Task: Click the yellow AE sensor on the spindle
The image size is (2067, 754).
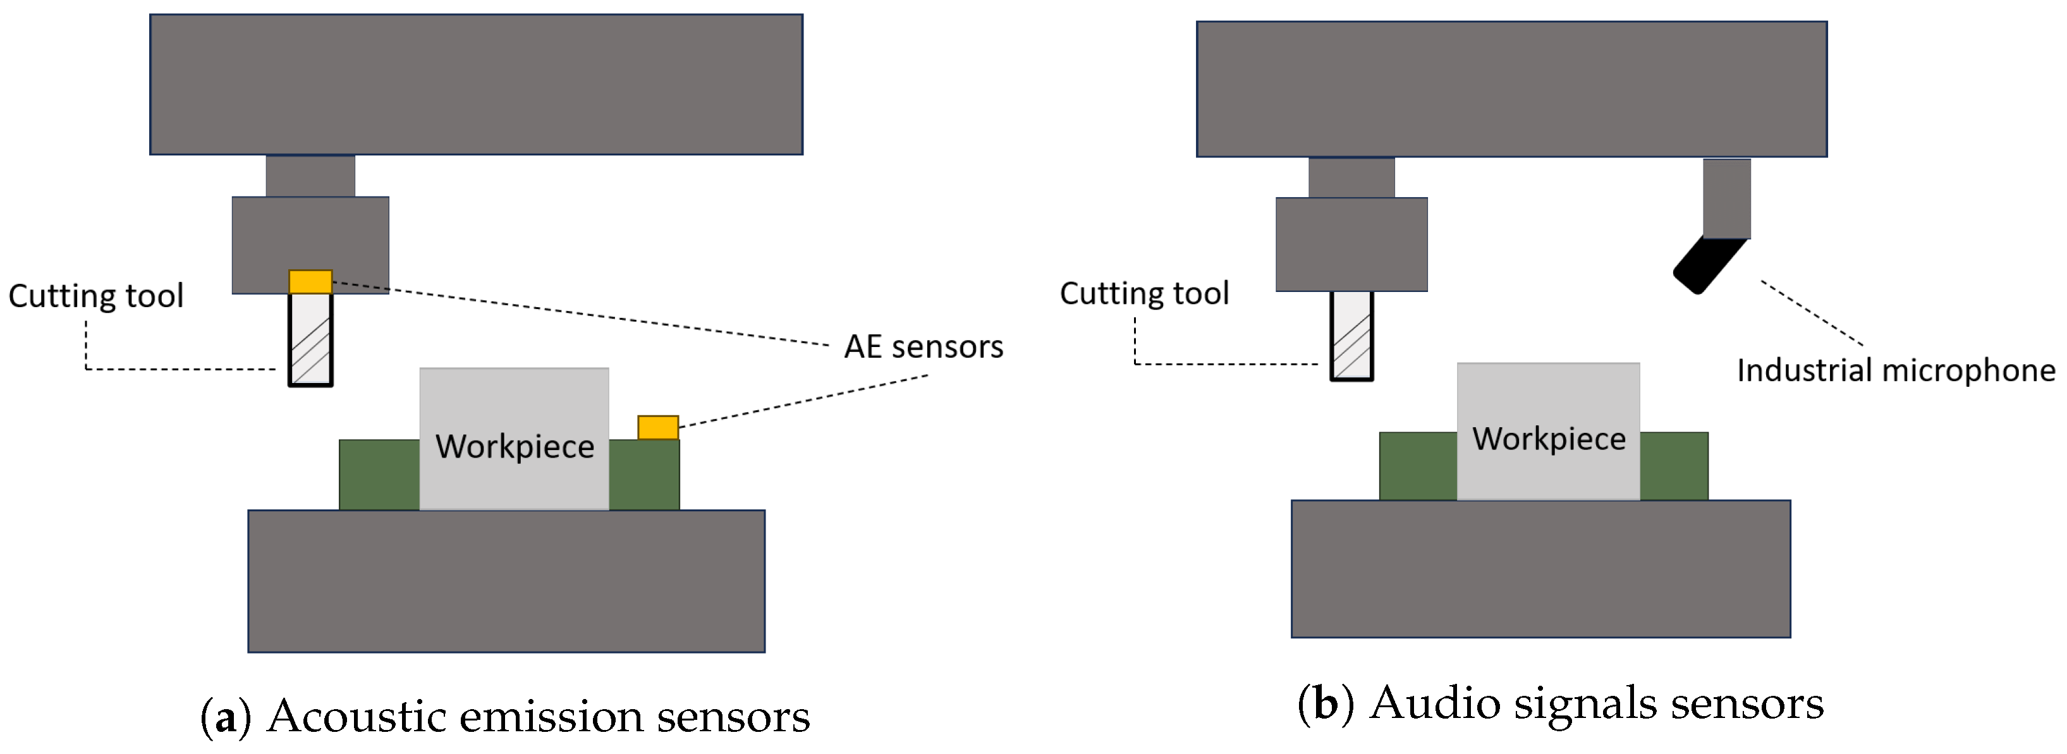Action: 310,281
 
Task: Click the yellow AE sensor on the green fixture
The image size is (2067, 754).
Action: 658,427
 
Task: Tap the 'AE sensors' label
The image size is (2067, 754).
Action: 923,346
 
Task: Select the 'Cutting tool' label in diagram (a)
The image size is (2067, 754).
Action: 95,296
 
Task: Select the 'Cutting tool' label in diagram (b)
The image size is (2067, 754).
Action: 1144,294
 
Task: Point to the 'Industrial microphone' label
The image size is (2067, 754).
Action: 1895,370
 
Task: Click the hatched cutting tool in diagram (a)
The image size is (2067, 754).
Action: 310,340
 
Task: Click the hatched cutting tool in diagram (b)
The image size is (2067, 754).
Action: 1352,336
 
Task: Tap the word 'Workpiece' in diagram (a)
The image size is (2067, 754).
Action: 515,446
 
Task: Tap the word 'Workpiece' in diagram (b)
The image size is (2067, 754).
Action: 1549,439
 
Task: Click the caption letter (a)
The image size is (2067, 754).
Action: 226,716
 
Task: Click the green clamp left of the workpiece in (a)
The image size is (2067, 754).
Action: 379,475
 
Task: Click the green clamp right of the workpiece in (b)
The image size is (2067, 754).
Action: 1674,466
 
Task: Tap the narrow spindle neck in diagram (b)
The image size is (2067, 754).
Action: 1351,177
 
